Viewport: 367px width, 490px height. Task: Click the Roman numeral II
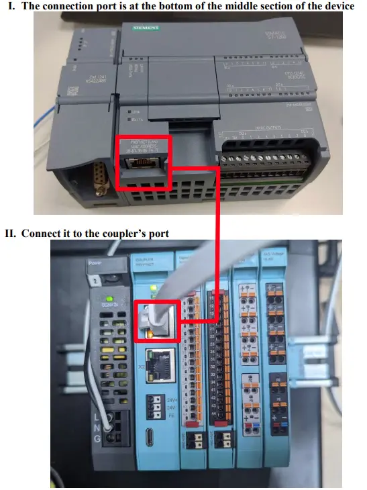11,233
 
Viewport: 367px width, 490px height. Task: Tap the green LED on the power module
107,297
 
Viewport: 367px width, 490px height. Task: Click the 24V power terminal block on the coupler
158,405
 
